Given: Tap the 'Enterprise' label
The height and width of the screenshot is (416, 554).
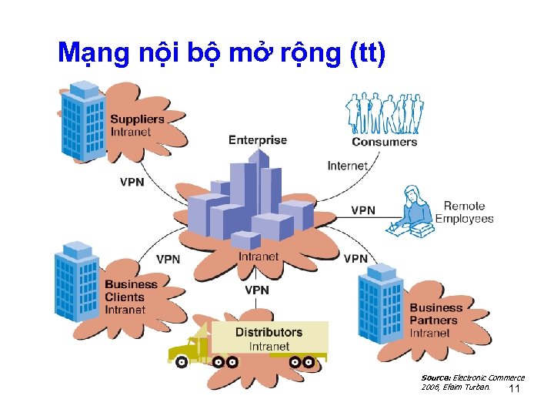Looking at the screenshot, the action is point(257,140).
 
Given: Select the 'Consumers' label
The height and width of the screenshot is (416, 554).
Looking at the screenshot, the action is point(384,142).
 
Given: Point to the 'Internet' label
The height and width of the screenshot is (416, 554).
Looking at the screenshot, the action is point(347,166).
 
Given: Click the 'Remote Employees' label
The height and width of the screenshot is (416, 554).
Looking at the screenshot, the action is point(465,212).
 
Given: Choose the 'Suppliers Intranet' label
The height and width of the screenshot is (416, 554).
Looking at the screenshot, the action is point(137,126).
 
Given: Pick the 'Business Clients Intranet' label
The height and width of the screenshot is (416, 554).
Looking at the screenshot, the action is point(131,297).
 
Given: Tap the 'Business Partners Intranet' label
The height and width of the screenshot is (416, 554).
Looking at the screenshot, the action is point(436,320).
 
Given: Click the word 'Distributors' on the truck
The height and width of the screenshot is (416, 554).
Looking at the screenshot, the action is point(269,332).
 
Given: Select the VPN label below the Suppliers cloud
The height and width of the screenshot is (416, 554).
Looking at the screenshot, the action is point(132,183).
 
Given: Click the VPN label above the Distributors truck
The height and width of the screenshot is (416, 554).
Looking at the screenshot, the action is point(257,290).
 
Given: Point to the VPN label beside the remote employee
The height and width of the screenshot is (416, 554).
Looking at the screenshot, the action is point(363,210).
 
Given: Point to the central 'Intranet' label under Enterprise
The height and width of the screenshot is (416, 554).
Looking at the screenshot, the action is point(258,257).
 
